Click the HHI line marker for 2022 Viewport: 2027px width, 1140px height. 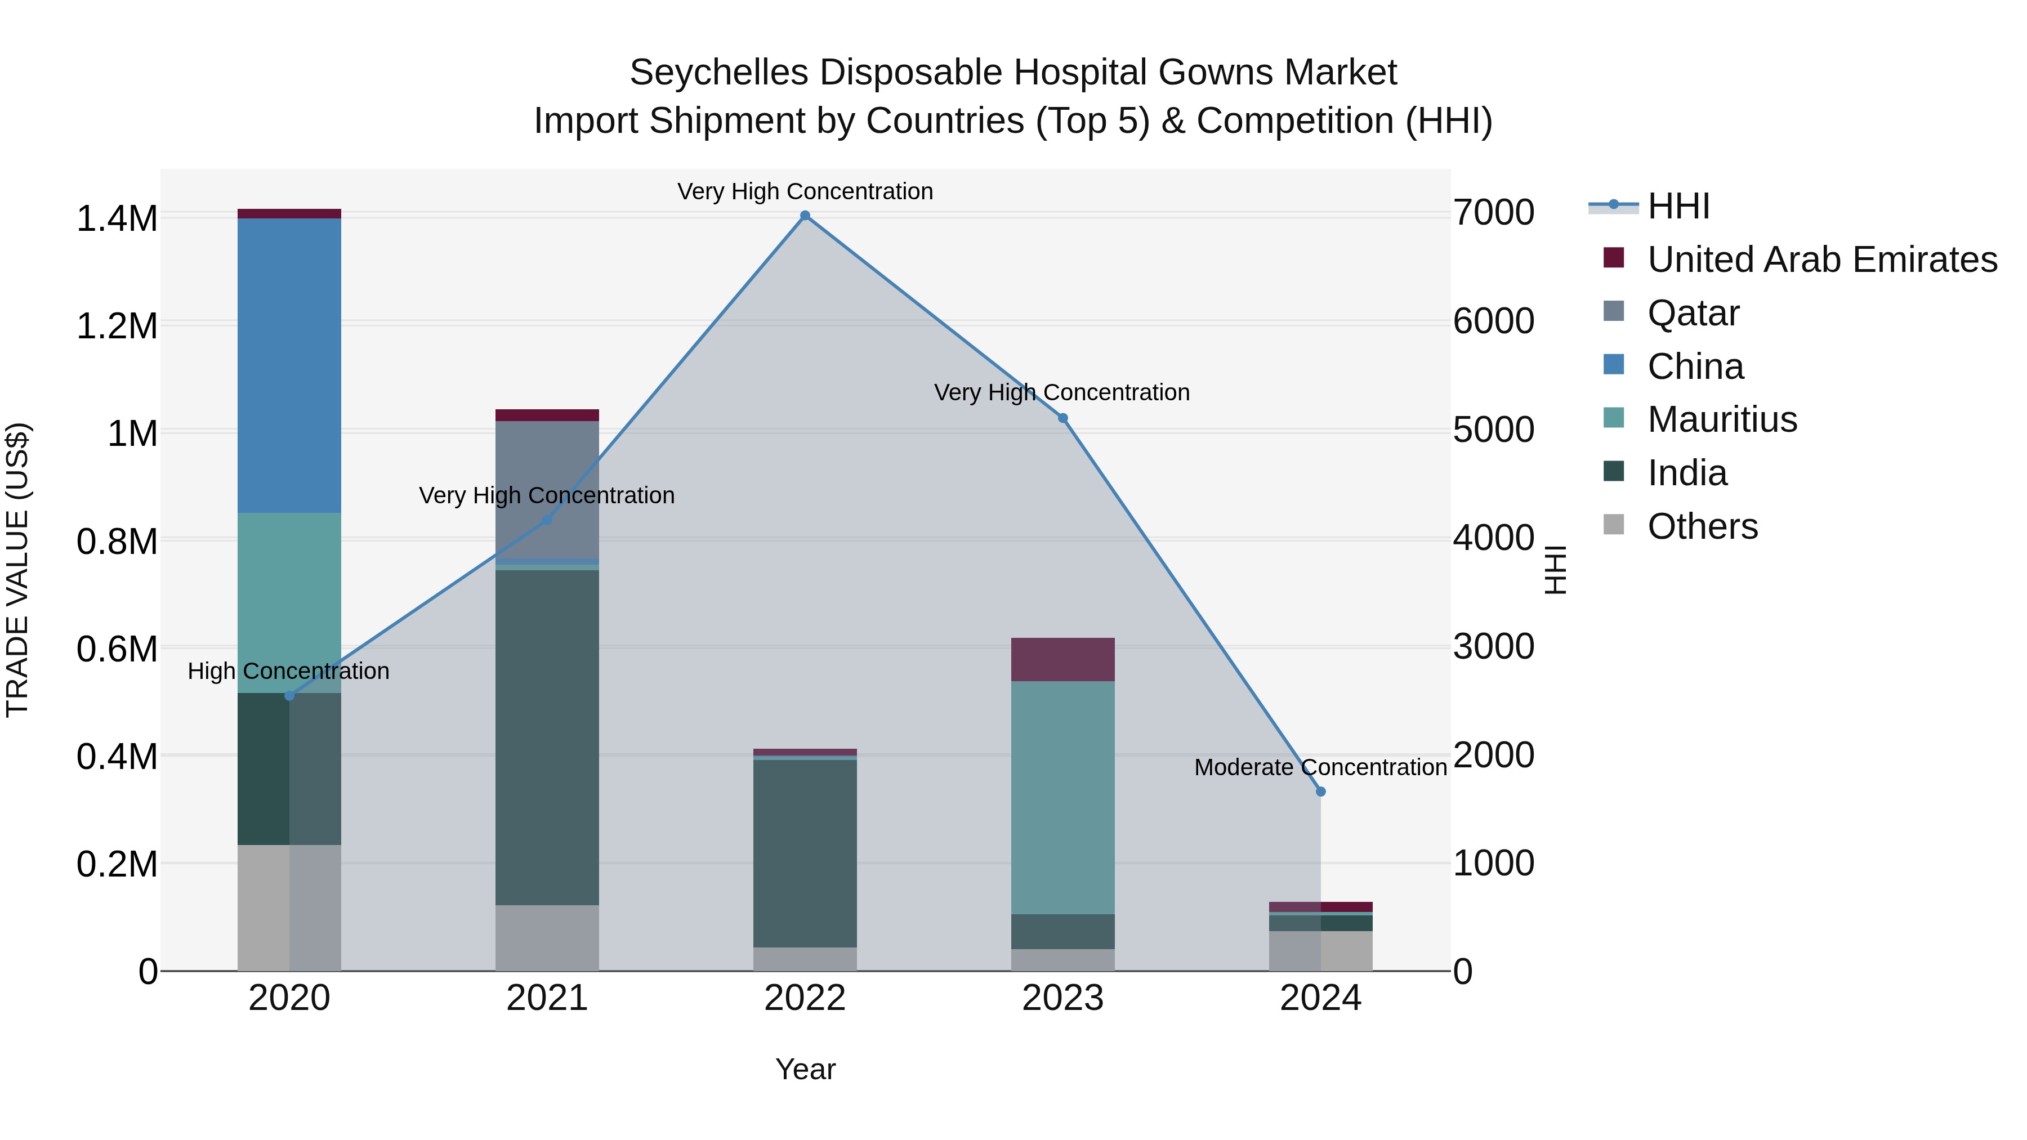coord(805,216)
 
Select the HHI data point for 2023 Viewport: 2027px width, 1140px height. coord(1063,418)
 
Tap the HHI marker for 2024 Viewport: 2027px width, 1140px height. coord(1320,792)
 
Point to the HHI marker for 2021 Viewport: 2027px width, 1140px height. coord(547,520)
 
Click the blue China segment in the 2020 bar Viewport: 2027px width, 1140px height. coord(289,366)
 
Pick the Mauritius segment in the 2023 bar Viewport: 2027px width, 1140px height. coord(1063,797)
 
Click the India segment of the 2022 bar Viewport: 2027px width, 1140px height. coord(805,853)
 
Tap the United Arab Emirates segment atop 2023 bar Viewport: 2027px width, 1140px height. coord(1063,659)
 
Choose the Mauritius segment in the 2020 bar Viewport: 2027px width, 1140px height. coord(289,602)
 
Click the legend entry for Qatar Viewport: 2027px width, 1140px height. coord(1693,313)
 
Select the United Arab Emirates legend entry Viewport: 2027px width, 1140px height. coord(1821,260)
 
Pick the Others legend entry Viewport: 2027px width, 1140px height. coord(1702,526)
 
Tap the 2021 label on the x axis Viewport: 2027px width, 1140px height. coord(547,998)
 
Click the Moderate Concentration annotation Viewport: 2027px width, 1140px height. coord(1320,767)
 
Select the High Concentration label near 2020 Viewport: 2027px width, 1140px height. coord(288,671)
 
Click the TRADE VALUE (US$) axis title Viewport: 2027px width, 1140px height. coord(17,570)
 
